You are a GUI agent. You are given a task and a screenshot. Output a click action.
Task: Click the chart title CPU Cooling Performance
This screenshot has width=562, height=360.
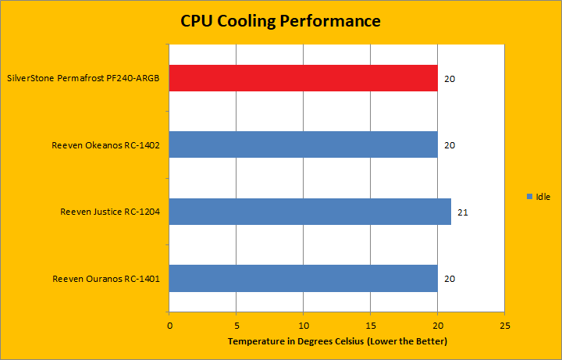point(280,21)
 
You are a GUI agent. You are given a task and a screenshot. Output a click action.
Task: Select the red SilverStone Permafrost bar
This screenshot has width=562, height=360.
point(303,78)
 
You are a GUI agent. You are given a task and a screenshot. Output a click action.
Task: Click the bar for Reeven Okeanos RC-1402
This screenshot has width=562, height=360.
point(303,144)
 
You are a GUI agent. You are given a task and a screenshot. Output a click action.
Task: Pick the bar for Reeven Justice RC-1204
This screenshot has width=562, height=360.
point(310,212)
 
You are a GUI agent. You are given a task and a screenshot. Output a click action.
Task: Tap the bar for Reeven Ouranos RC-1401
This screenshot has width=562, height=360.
point(303,278)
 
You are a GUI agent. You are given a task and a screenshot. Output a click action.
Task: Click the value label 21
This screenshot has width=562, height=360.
point(462,212)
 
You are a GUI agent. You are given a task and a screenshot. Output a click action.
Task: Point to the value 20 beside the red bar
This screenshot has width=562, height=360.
point(449,79)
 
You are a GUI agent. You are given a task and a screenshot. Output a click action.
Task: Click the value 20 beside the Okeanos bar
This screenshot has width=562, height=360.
point(449,145)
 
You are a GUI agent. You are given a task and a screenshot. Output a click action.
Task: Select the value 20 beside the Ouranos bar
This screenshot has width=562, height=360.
point(449,279)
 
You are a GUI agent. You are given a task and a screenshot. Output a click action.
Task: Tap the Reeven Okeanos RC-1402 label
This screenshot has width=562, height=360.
point(105,145)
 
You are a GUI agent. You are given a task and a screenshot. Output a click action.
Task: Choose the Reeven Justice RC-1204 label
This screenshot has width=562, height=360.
point(110,212)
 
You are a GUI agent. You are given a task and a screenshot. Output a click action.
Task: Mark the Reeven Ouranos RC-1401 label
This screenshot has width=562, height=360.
point(106,279)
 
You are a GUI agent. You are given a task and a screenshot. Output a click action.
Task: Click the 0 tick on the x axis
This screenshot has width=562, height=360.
point(169,325)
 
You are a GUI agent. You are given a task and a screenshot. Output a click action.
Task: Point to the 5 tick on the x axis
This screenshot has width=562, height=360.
point(237,325)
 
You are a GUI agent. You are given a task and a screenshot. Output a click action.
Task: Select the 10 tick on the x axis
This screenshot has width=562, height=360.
point(304,325)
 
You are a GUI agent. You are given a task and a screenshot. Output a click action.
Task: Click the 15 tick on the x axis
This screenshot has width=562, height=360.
point(371,325)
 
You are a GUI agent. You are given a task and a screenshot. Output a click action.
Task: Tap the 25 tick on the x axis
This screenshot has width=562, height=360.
point(505,325)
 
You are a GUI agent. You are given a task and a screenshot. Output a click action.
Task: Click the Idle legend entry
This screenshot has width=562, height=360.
point(539,196)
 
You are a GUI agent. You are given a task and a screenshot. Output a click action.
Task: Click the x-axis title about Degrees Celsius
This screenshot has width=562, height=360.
point(337,342)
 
